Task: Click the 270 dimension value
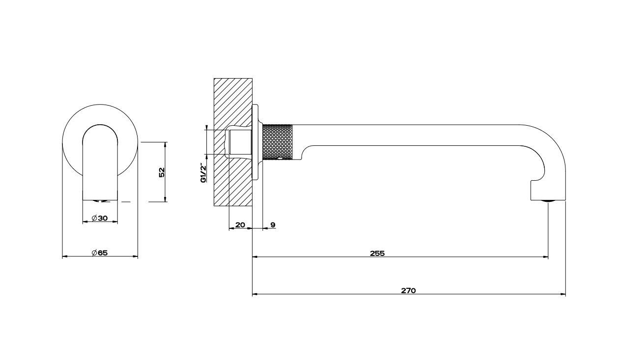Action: tap(408, 290)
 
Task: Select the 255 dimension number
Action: tap(377, 253)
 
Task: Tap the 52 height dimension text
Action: tap(162, 172)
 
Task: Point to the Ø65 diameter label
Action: tap(100, 253)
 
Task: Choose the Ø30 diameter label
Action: tap(100, 218)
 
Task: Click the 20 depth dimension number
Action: tap(240, 225)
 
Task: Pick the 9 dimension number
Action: tap(273, 225)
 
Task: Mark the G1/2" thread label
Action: tap(203, 173)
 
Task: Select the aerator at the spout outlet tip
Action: tap(548, 201)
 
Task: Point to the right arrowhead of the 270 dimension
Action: tap(563, 294)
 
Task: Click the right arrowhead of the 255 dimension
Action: tap(545, 257)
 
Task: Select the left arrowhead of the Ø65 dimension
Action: tap(65, 256)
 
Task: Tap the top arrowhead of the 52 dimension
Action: tap(165, 145)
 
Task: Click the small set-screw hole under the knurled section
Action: tap(280, 159)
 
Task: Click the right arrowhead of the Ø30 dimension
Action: tap(115, 222)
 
